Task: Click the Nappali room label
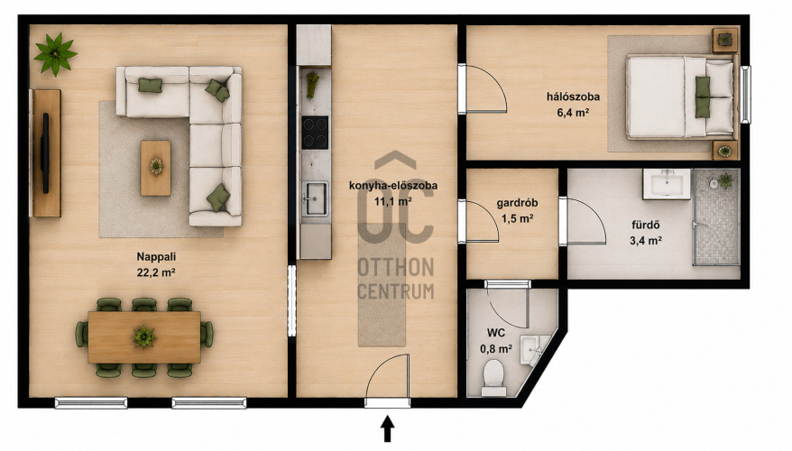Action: click(156, 256)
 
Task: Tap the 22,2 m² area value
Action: click(156, 272)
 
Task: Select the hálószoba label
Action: click(574, 97)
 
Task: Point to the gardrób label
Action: click(517, 203)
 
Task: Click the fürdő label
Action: click(646, 225)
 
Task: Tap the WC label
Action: click(496, 333)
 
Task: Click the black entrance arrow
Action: click(387, 428)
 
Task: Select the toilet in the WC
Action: click(493, 377)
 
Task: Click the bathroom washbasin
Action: click(667, 184)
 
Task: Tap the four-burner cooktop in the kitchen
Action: click(315, 133)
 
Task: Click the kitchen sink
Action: click(315, 199)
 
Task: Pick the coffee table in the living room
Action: click(155, 168)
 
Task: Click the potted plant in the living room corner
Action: click(55, 53)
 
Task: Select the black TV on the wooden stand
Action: click(45, 153)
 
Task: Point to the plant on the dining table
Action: click(144, 336)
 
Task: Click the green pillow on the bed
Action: click(702, 97)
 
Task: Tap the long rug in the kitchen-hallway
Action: click(382, 292)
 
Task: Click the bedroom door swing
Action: click(486, 89)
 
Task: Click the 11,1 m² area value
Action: click(392, 201)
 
